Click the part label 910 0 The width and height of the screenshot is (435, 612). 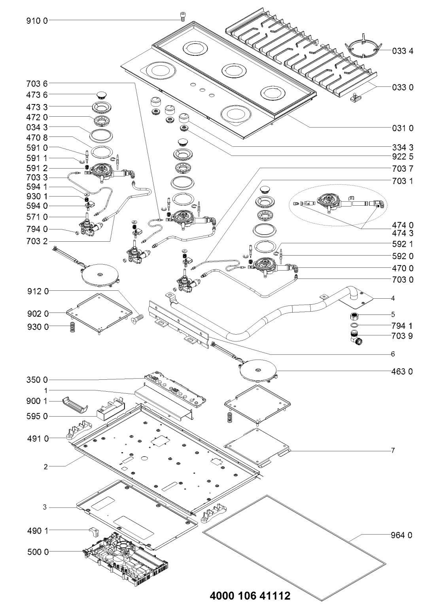[37, 21]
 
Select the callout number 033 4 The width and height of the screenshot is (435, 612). [403, 51]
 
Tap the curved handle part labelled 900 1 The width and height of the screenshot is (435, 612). [76, 407]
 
